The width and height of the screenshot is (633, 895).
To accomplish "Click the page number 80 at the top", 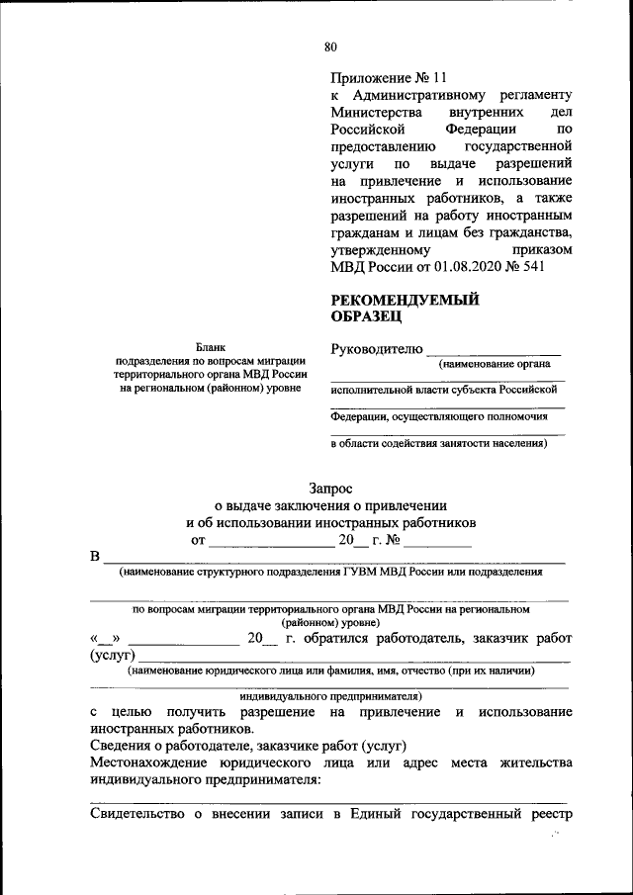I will (330, 46).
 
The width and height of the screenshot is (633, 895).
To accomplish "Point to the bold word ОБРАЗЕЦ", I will (366, 317).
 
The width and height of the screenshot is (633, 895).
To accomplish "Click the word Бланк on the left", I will (210, 347).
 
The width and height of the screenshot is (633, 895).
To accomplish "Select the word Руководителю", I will (377, 349).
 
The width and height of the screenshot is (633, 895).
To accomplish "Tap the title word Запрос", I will (330, 488).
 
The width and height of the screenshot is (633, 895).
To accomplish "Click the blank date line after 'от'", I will (271, 543).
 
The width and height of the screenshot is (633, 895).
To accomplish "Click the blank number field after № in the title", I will (436, 543).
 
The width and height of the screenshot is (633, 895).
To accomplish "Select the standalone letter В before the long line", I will (95, 556).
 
